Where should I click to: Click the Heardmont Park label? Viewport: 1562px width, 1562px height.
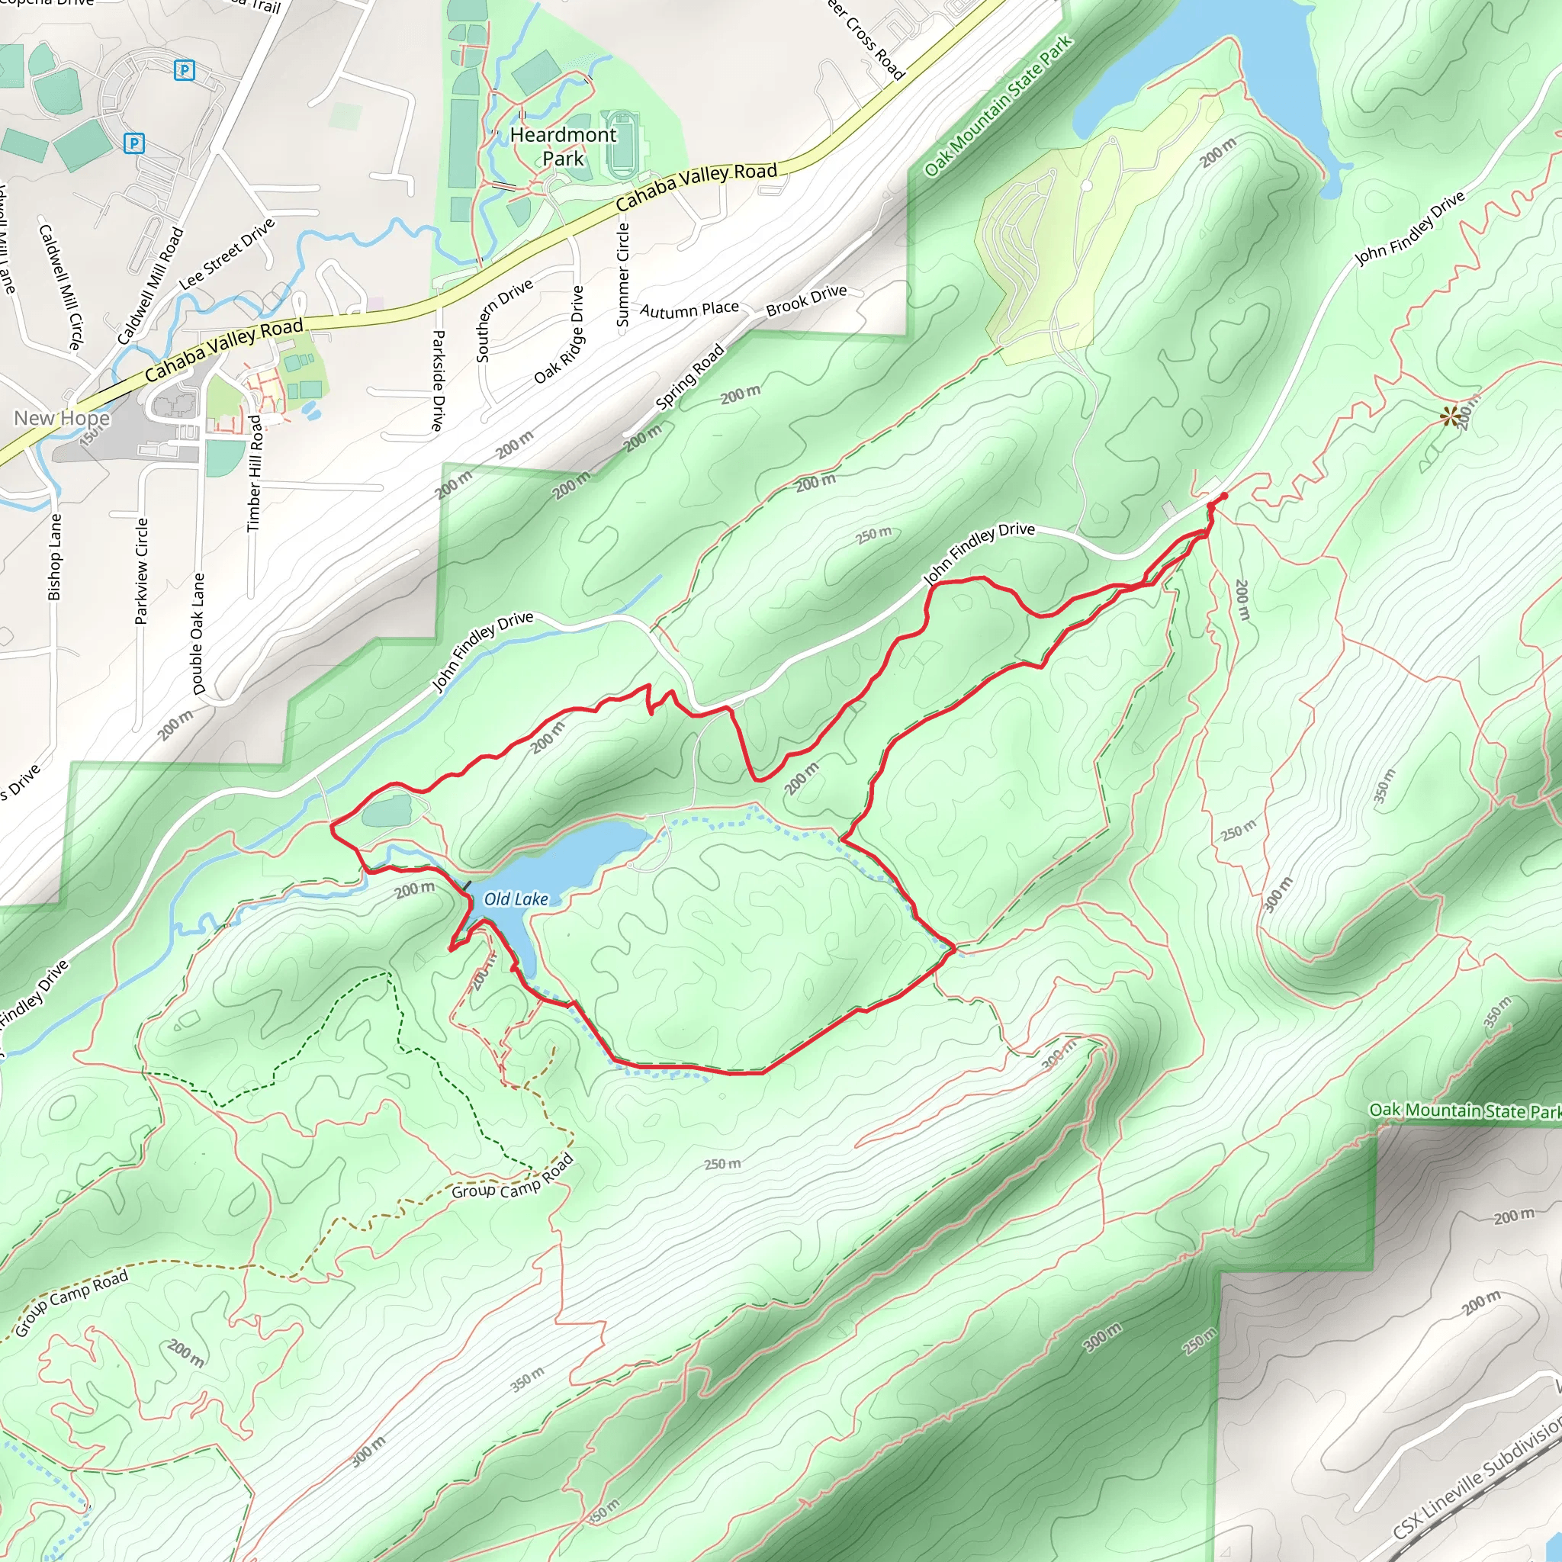pos(563,146)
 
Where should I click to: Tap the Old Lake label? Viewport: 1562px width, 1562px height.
pos(516,899)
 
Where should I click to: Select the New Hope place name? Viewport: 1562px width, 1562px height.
pos(62,418)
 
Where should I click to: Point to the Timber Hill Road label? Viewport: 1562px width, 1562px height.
pos(256,473)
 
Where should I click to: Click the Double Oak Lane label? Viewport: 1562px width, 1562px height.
pos(198,634)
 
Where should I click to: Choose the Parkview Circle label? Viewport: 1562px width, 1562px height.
pos(142,570)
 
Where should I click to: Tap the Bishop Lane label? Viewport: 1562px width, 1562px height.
pos(55,557)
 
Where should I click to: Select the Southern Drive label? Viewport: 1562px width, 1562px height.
pos(503,320)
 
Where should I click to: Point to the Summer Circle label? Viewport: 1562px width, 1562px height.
pos(622,275)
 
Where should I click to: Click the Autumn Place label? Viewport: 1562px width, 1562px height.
pos(689,310)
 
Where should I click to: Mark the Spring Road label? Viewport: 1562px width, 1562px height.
pos(689,377)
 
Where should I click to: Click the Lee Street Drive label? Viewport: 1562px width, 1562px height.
pos(227,253)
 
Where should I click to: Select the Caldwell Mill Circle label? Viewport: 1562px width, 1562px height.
pos(61,286)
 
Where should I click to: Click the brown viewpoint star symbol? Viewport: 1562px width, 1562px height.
pos(1451,416)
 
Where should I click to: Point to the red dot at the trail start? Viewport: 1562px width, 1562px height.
pos(1224,497)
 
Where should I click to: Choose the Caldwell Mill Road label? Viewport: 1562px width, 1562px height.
pos(151,285)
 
